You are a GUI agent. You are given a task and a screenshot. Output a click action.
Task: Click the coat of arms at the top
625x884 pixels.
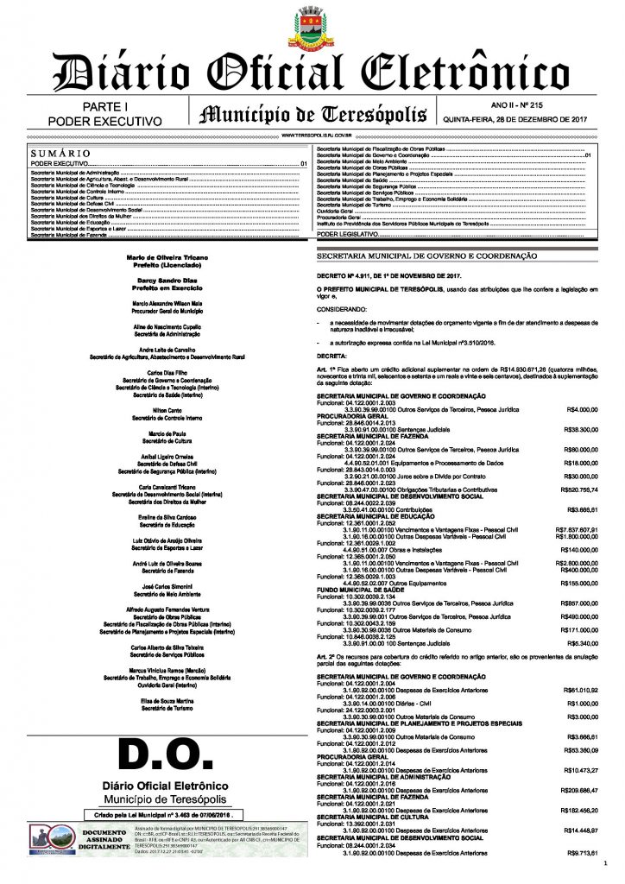point(312,28)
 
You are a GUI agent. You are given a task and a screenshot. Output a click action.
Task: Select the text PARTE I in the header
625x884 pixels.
point(105,106)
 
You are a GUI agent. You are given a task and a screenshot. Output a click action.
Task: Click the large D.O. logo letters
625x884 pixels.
point(165,761)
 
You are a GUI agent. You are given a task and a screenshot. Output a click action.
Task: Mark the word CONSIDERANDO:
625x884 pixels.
point(341,308)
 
